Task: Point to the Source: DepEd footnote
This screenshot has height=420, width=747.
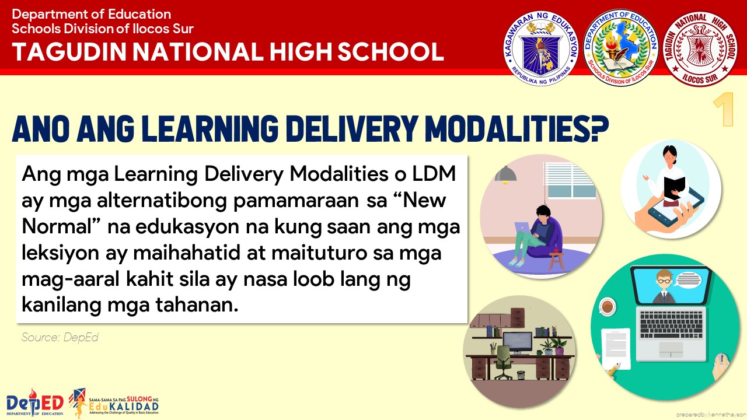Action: (60, 337)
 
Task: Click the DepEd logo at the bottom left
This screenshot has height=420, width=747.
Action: (34, 402)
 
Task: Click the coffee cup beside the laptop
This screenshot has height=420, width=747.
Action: (608, 307)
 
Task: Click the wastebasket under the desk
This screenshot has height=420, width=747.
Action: (521, 375)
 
